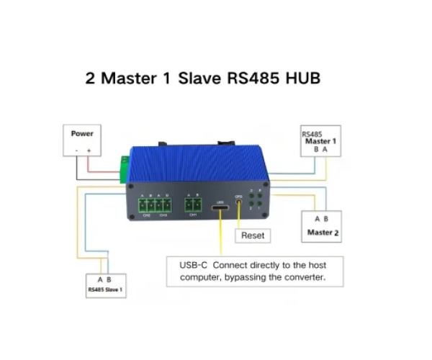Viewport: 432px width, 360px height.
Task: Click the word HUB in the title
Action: [302, 78]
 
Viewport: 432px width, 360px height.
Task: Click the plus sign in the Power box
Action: [89, 150]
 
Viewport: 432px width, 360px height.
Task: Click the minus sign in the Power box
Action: [76, 150]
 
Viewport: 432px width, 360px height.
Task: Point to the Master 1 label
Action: [320, 141]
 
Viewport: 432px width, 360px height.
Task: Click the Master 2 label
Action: [323, 233]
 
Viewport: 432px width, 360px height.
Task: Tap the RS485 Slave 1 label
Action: [105, 291]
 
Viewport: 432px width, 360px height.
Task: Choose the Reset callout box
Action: [252, 235]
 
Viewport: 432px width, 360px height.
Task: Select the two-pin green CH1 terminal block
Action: [192, 205]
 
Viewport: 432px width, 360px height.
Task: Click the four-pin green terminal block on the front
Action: [155, 205]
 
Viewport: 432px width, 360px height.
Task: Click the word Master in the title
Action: [125, 78]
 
